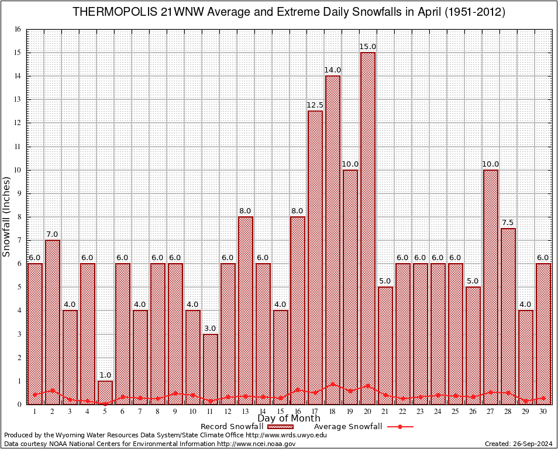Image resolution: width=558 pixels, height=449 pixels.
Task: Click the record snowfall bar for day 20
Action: tap(368, 228)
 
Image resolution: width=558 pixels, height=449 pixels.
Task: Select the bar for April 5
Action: tap(105, 392)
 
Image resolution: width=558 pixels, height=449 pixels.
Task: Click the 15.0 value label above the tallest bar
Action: tap(368, 47)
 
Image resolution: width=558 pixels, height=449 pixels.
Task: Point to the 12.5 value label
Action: tap(315, 105)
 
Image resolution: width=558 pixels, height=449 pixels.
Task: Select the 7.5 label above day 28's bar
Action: tap(508, 223)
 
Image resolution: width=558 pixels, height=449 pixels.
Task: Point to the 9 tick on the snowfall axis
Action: tap(19, 194)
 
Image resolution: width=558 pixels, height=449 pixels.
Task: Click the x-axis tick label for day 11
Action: tap(211, 412)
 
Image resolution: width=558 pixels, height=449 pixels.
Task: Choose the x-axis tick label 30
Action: tap(543, 412)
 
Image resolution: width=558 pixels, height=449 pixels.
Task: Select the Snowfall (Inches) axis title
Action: tap(6, 216)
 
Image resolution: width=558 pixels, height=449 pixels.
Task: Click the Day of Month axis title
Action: tap(288, 419)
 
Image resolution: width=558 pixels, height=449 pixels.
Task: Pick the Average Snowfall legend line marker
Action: tap(400, 427)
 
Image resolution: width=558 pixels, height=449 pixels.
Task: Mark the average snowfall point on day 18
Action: tap(333, 385)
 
